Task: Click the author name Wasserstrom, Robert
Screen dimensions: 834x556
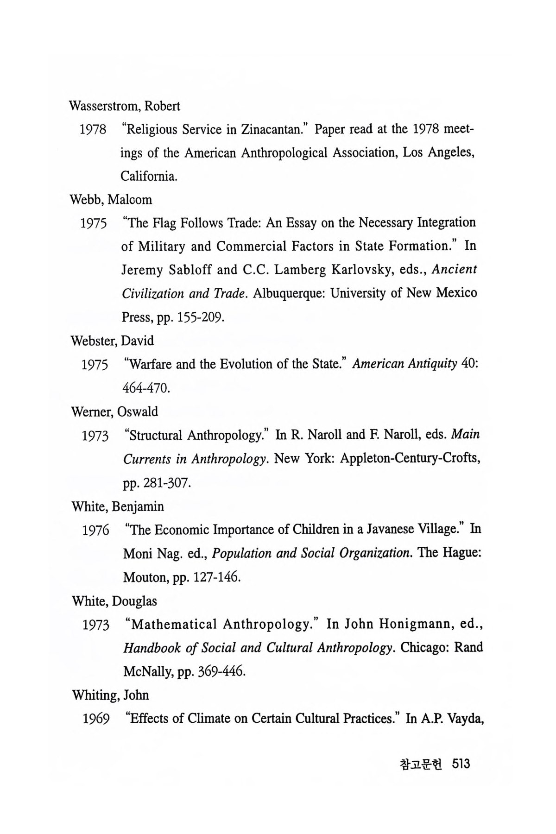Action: click(x=125, y=106)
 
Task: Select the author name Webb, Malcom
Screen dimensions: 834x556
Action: click(x=111, y=200)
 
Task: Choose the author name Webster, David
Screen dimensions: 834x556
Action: click(x=112, y=341)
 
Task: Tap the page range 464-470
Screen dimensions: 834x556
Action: click(x=146, y=388)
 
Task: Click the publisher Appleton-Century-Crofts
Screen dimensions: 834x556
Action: click(x=410, y=459)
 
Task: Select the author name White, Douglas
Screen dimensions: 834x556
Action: click(x=114, y=601)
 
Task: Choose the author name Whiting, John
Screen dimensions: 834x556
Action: click(x=111, y=695)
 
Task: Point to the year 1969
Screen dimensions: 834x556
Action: click(x=96, y=720)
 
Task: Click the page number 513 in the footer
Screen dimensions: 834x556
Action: click(x=462, y=763)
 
